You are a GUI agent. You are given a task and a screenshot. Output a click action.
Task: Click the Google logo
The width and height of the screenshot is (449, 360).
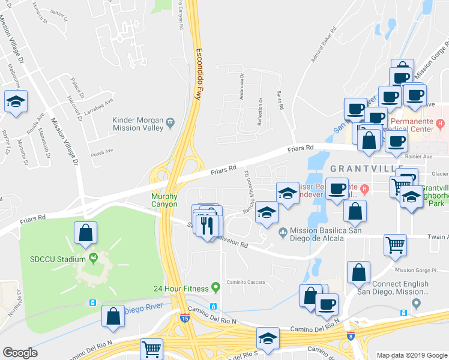click(20, 353)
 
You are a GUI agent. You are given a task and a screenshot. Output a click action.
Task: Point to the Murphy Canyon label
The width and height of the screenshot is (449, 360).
click(164, 200)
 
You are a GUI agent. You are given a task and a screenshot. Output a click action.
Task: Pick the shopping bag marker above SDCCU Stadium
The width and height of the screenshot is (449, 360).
click(85, 232)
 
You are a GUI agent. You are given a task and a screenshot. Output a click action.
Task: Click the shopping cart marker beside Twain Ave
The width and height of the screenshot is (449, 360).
click(395, 244)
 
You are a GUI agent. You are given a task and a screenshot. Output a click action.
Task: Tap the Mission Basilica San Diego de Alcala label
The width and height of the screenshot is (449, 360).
click(316, 234)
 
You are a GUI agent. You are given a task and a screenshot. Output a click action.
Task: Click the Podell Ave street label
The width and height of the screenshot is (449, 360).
click(101, 152)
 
